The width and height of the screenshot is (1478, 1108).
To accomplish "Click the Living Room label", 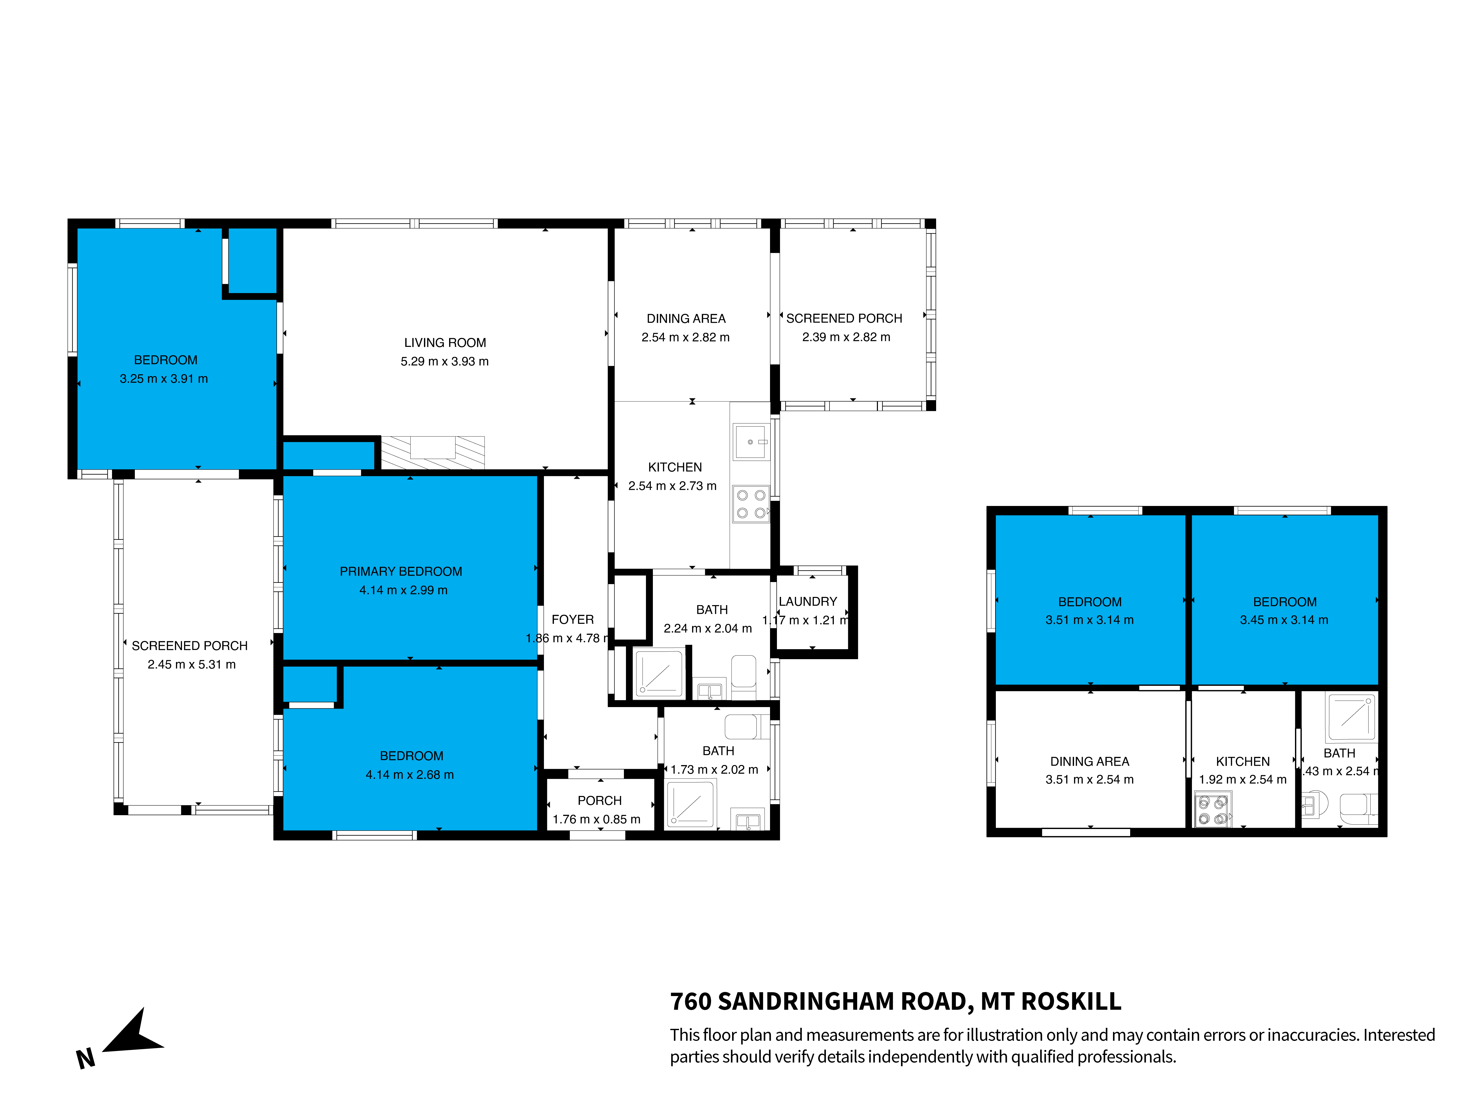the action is [x=445, y=343].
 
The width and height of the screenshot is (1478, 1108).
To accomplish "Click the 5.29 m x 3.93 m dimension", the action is [x=445, y=361].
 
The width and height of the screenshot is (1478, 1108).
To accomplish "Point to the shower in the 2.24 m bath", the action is [x=659, y=672].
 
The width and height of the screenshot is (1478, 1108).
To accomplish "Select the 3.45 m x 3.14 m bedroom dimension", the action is [x=1284, y=620].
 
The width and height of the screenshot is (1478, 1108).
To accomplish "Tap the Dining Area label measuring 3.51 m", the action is [x=1090, y=761].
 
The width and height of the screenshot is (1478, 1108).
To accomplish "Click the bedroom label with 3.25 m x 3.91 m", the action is [x=166, y=360].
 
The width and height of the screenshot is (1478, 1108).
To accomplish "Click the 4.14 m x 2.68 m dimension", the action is [x=410, y=775].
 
